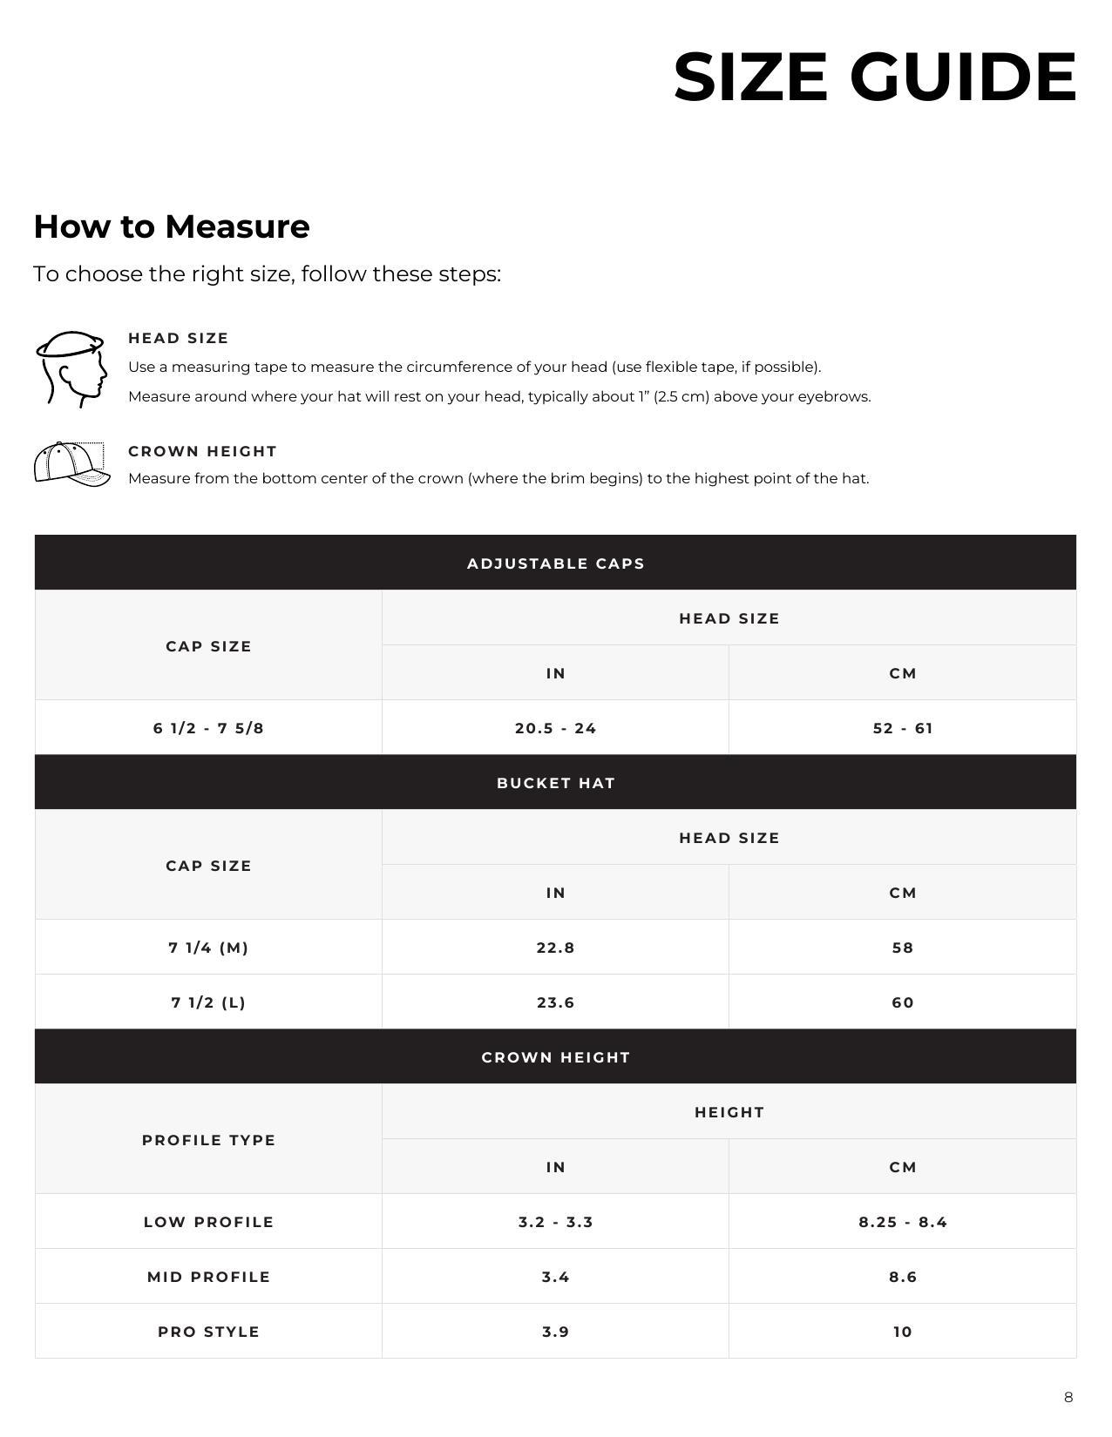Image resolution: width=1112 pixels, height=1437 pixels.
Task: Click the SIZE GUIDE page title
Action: point(874,77)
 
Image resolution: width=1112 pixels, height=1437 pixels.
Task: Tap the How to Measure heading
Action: point(172,226)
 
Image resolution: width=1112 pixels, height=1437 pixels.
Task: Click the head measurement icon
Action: point(71,368)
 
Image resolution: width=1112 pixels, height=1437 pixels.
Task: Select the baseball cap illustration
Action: point(71,464)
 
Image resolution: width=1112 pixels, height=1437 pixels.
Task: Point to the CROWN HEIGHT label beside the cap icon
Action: point(202,451)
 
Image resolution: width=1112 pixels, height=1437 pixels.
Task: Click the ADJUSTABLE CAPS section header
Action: point(555,563)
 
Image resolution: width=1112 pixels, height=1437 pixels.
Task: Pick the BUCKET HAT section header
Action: point(555,783)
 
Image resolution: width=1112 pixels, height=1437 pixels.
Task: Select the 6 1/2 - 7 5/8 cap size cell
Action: point(208,728)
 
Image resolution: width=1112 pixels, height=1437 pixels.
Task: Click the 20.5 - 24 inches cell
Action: point(555,728)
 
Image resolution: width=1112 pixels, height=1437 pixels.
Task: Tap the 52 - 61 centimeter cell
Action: point(902,728)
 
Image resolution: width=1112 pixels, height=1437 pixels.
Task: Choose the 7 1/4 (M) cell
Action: point(208,948)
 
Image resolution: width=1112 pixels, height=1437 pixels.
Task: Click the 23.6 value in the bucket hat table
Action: point(555,1002)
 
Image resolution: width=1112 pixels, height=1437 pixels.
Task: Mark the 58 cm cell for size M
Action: point(902,948)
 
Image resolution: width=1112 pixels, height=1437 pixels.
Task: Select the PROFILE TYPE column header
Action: point(208,1140)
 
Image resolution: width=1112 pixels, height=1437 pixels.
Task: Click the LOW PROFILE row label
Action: point(208,1222)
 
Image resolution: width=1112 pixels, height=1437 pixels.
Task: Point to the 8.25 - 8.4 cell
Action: point(902,1222)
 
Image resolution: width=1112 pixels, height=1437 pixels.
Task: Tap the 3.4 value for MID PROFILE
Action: point(555,1277)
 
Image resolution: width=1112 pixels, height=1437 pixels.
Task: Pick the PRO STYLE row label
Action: point(208,1332)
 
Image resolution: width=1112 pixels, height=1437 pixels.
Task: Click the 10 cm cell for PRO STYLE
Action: point(902,1332)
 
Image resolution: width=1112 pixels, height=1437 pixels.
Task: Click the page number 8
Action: point(1068,1398)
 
